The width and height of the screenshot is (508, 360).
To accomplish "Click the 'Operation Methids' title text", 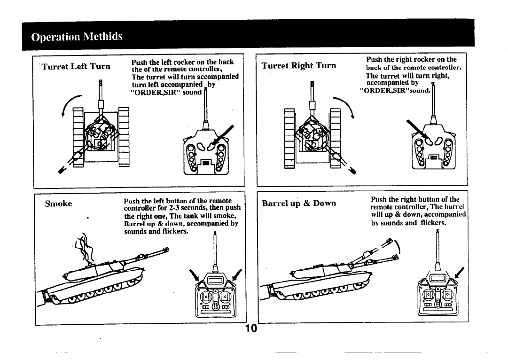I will pos(77,37).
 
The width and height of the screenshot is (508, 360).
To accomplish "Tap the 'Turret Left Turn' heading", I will pos(76,66).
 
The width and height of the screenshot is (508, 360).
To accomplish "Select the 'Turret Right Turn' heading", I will pos(299,65).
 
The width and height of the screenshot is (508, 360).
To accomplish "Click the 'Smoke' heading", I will pos(58,203).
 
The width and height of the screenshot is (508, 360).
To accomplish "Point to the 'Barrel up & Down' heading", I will pos(299,203).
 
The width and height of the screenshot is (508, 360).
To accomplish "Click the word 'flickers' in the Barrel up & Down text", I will pos(432,223).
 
